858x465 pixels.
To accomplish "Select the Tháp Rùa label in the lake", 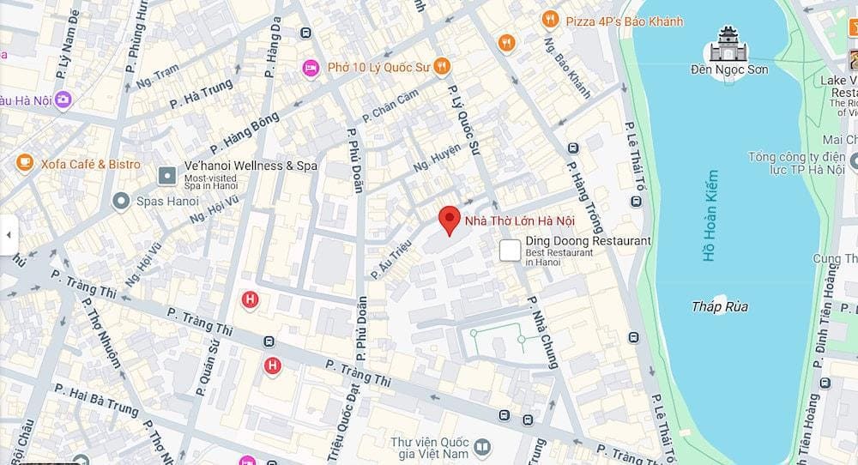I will (720, 306).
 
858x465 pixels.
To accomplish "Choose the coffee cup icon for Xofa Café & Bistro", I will (24, 163).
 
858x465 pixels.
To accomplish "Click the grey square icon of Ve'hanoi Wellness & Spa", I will (167, 176).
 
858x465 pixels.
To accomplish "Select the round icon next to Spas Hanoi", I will (121, 202).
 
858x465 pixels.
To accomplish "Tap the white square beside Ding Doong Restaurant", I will (511, 250).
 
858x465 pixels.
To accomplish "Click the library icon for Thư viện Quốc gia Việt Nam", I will (482, 447).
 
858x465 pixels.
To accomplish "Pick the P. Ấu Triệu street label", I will (392, 258).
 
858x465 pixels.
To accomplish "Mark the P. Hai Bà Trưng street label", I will (95, 400).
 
